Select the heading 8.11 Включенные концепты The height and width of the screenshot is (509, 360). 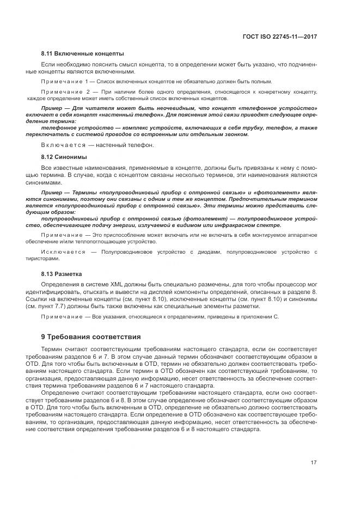pyautogui.click(x=82, y=53)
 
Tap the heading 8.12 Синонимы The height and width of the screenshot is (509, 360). pyautogui.click(x=64, y=157)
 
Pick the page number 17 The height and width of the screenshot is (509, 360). pyautogui.click(x=314, y=463)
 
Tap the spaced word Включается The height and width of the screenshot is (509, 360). pyautogui.click(x=59, y=145)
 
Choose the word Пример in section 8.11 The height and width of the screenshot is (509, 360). pyautogui.click(x=52, y=109)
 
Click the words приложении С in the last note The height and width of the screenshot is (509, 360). pyautogui.click(x=261, y=316)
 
